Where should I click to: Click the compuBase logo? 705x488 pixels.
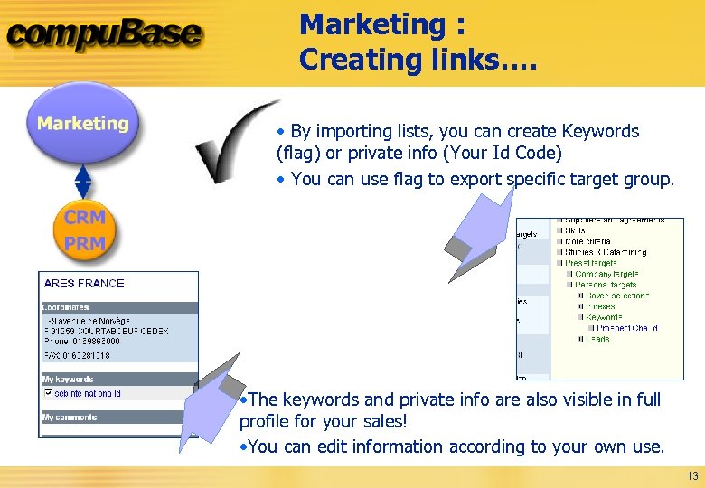pyautogui.click(x=104, y=36)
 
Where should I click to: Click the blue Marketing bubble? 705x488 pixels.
pyautogui.click(x=83, y=124)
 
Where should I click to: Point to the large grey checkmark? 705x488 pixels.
pyautogui.click(x=237, y=140)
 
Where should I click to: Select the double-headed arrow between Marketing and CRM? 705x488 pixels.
pyautogui.click(x=83, y=181)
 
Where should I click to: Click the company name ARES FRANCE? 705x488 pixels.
pyautogui.click(x=84, y=283)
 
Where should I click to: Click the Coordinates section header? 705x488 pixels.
pyautogui.click(x=66, y=307)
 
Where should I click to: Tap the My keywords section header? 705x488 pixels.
pyautogui.click(x=68, y=380)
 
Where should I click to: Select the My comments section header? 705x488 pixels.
pyautogui.click(x=70, y=417)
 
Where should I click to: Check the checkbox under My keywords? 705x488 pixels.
pyautogui.click(x=48, y=393)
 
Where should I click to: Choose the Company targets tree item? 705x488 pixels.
pyautogui.click(x=606, y=274)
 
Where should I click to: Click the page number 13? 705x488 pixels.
pyautogui.click(x=692, y=476)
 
